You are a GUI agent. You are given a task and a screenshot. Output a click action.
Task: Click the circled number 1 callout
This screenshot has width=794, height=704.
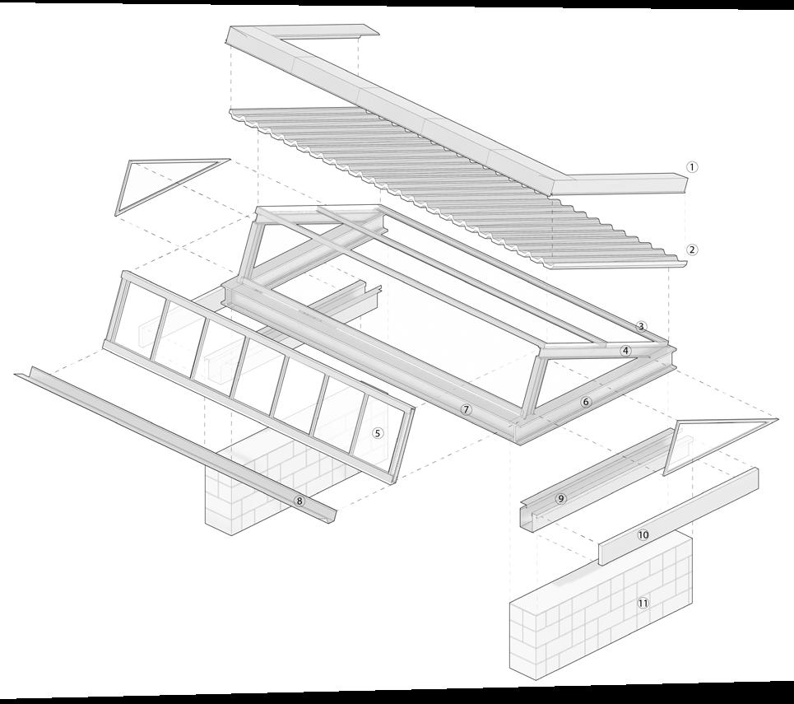(692, 166)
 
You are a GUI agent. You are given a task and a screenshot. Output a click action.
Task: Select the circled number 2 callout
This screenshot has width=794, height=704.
(692, 249)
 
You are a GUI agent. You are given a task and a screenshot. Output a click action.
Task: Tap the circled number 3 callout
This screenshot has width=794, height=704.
(642, 327)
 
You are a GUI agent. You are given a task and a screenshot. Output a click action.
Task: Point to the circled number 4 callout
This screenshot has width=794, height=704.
(626, 351)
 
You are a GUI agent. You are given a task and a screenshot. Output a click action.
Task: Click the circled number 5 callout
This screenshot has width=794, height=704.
(378, 432)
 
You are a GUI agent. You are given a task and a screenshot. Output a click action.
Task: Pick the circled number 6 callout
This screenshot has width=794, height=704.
(586, 402)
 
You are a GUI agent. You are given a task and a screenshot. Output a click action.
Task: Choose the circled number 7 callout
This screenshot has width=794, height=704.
(467, 409)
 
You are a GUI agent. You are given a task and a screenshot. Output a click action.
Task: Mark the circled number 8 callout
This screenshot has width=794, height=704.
(299, 501)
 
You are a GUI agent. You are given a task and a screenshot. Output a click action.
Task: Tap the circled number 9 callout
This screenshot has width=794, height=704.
(560, 498)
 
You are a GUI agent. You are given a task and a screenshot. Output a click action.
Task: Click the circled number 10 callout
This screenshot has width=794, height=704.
(643, 534)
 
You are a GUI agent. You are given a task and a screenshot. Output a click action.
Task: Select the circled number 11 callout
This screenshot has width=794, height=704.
(643, 603)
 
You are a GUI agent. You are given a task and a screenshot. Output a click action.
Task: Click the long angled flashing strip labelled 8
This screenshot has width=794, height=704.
(165, 436)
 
